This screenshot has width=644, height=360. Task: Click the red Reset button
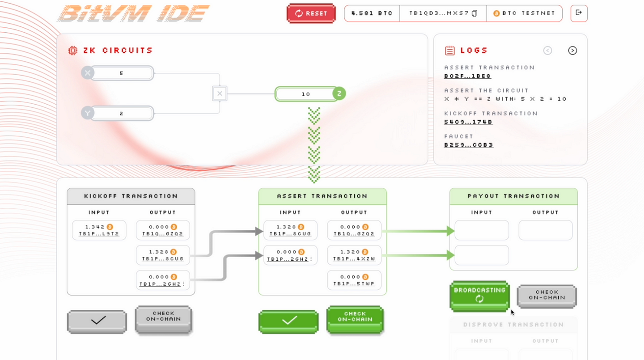(311, 13)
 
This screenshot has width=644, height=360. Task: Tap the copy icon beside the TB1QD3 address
(475, 13)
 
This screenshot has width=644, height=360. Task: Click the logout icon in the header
(579, 13)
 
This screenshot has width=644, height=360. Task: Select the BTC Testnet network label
(524, 13)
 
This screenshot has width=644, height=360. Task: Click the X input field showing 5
(122, 73)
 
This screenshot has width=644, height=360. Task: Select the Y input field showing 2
(122, 114)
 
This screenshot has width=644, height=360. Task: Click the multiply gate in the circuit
(220, 93)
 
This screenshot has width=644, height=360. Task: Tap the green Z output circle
(339, 94)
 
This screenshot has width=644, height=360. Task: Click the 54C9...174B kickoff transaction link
(468, 122)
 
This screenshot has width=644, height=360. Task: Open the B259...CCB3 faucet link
(468, 145)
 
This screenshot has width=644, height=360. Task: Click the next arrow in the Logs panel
(572, 51)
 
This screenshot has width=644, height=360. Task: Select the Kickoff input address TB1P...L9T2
(99, 234)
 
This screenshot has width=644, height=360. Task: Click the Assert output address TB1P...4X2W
(354, 259)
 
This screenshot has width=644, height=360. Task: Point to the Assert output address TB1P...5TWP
(354, 284)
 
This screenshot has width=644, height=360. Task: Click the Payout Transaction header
(513, 196)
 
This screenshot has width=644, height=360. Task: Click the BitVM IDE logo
(133, 13)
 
